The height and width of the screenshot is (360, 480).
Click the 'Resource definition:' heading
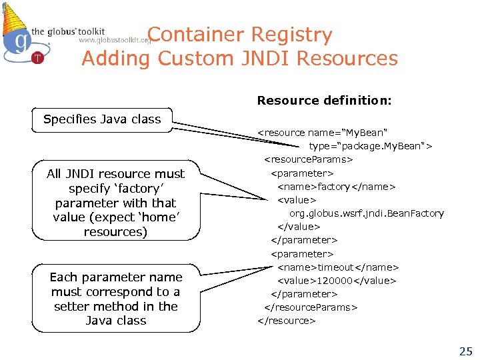(x=325, y=101)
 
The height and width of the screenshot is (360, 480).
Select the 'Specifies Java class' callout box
(x=102, y=119)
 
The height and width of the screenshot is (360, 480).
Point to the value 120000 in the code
(x=335, y=281)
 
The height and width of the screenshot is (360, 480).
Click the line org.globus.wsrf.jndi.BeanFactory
(x=366, y=213)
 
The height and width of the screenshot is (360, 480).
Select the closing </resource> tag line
(x=287, y=321)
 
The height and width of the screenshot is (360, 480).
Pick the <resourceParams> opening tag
(x=309, y=160)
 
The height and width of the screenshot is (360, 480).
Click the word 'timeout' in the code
(x=337, y=267)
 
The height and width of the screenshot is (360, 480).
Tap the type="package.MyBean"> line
(x=370, y=146)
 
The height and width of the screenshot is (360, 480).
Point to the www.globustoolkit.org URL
(x=115, y=41)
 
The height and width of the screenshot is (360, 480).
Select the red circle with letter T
(x=37, y=57)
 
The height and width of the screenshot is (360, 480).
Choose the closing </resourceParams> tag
(x=311, y=307)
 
